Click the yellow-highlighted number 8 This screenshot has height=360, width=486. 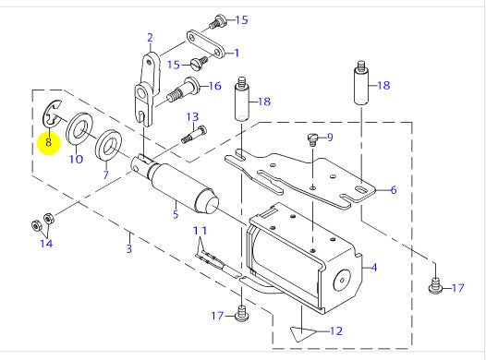[49, 142]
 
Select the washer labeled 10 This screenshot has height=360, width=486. [79, 128]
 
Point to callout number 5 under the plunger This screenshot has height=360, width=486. [176, 214]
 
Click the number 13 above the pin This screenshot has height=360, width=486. [192, 116]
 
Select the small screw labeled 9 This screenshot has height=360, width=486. [313, 139]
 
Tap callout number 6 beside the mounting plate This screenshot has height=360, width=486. [394, 190]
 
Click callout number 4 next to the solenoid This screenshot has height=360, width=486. [374, 267]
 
